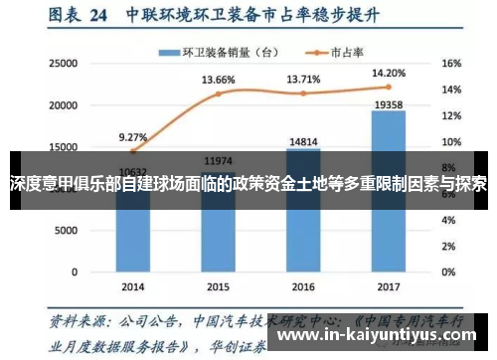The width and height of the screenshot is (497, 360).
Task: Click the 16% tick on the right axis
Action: pyautogui.click(x=451, y=64)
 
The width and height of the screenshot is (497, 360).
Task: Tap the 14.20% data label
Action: pyautogui.click(x=389, y=73)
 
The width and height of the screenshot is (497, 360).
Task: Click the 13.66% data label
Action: pyautogui.click(x=219, y=80)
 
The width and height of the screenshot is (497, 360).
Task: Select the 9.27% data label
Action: pyautogui.click(x=133, y=137)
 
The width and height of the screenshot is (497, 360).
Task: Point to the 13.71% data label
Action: pyautogui.click(x=304, y=79)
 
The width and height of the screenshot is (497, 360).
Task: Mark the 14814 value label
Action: pyautogui.click(x=303, y=142)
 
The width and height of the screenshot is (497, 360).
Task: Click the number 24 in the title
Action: pyautogui.click(x=97, y=16)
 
